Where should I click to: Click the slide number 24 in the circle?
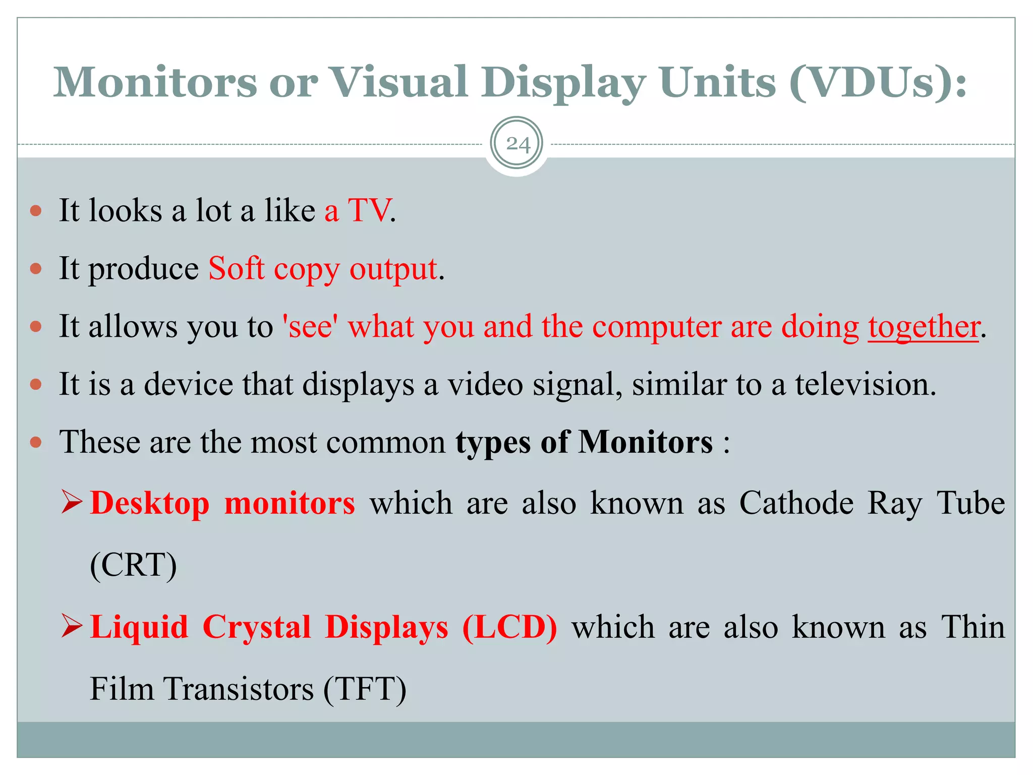(518, 144)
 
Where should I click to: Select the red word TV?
(369, 210)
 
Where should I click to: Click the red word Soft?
(236, 268)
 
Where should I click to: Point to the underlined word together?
(924, 326)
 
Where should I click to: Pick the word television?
(865, 384)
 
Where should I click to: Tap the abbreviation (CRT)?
(134, 565)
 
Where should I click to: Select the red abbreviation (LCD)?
(510, 627)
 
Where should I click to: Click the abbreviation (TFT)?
(365, 689)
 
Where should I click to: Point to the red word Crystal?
(257, 627)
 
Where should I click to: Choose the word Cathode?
(796, 503)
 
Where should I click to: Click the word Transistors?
(239, 689)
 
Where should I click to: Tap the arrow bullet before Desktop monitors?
(72, 503)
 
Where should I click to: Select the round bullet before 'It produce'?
(36, 268)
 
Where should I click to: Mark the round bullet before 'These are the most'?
(36, 442)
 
